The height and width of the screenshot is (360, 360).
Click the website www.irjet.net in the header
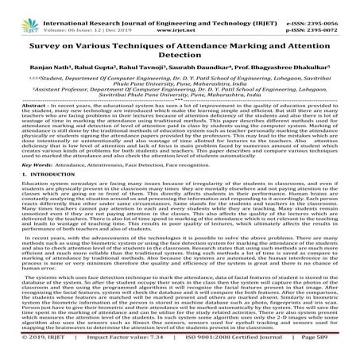[x=180, y=16]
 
